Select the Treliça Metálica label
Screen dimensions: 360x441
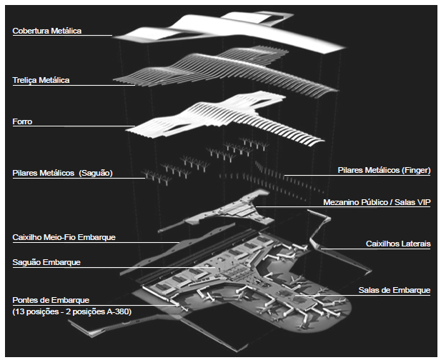click(41, 80)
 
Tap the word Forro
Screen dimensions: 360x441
click(22, 122)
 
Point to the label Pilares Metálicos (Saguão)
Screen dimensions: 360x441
click(64, 173)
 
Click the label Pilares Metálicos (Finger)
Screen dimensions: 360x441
click(384, 170)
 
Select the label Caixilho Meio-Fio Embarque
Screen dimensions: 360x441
click(64, 236)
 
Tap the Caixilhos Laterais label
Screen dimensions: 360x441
click(399, 244)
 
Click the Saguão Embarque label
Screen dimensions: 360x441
click(46, 262)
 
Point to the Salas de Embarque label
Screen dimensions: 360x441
click(394, 290)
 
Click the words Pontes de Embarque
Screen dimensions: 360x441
click(51, 300)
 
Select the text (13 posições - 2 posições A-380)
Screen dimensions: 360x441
click(71, 311)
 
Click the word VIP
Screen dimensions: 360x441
click(422, 202)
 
